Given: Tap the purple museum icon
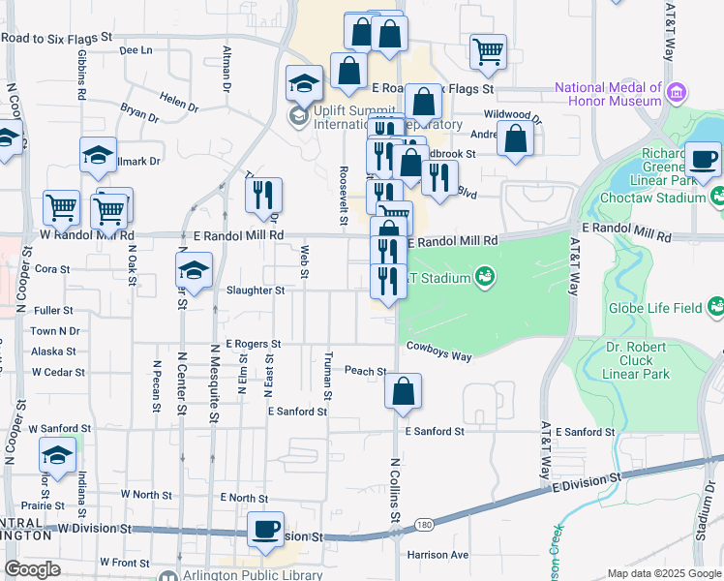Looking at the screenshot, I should [677, 94].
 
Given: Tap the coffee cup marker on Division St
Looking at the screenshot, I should [265, 530].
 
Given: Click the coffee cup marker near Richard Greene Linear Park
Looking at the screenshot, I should [702, 159].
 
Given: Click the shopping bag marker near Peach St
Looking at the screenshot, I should [403, 392].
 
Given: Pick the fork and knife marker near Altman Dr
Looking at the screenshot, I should [263, 196].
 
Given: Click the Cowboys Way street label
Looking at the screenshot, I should [438, 352].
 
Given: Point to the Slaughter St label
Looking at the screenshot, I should [256, 290].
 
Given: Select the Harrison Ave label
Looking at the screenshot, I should [437, 555].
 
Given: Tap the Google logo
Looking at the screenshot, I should [33, 569].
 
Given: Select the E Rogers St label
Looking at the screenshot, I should [253, 344].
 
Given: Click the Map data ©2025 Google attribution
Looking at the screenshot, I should [664, 573].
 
